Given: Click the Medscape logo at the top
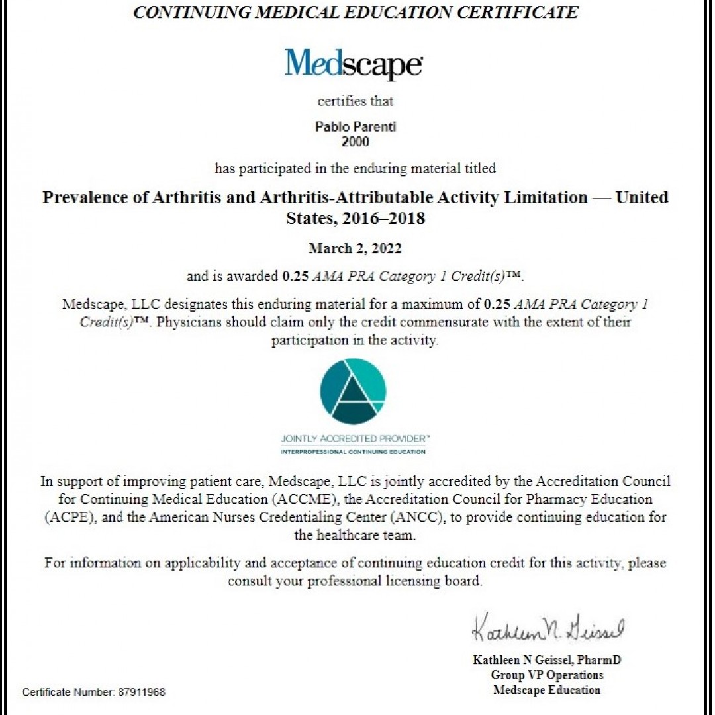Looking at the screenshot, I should [354, 64].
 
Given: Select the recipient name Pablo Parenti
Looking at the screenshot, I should [356, 127].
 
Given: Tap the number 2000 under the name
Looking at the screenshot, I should [356, 142].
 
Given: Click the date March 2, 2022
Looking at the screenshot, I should [355, 248].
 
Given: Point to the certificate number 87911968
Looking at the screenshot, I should [142, 692].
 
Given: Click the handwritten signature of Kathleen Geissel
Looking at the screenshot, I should [548, 629].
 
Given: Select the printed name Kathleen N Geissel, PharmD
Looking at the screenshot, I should [547, 660].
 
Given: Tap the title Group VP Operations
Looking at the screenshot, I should [547, 675].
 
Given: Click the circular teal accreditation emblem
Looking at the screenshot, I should [352, 391].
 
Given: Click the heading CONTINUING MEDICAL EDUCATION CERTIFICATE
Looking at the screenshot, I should [356, 13].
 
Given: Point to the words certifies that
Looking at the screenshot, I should [356, 101].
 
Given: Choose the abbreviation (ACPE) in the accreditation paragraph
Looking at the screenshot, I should [70, 517].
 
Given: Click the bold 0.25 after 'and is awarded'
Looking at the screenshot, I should [295, 277].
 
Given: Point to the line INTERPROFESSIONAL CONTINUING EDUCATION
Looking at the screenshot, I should [353, 452].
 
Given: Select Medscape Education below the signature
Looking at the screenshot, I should [547, 690].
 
